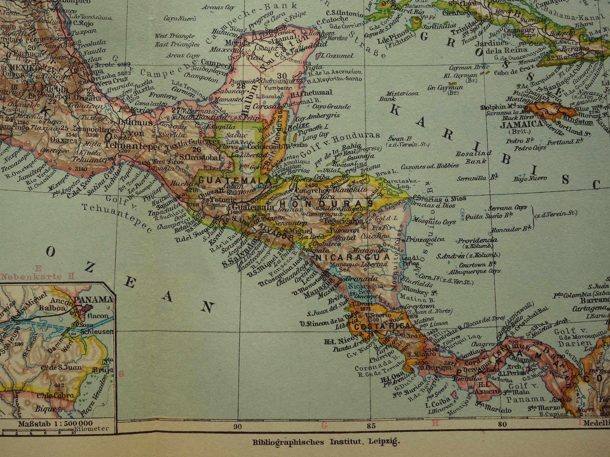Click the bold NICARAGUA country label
coord(353,257)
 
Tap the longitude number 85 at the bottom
coord(370,425)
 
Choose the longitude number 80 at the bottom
coord(502,424)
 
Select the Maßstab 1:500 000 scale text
coord(55,424)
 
